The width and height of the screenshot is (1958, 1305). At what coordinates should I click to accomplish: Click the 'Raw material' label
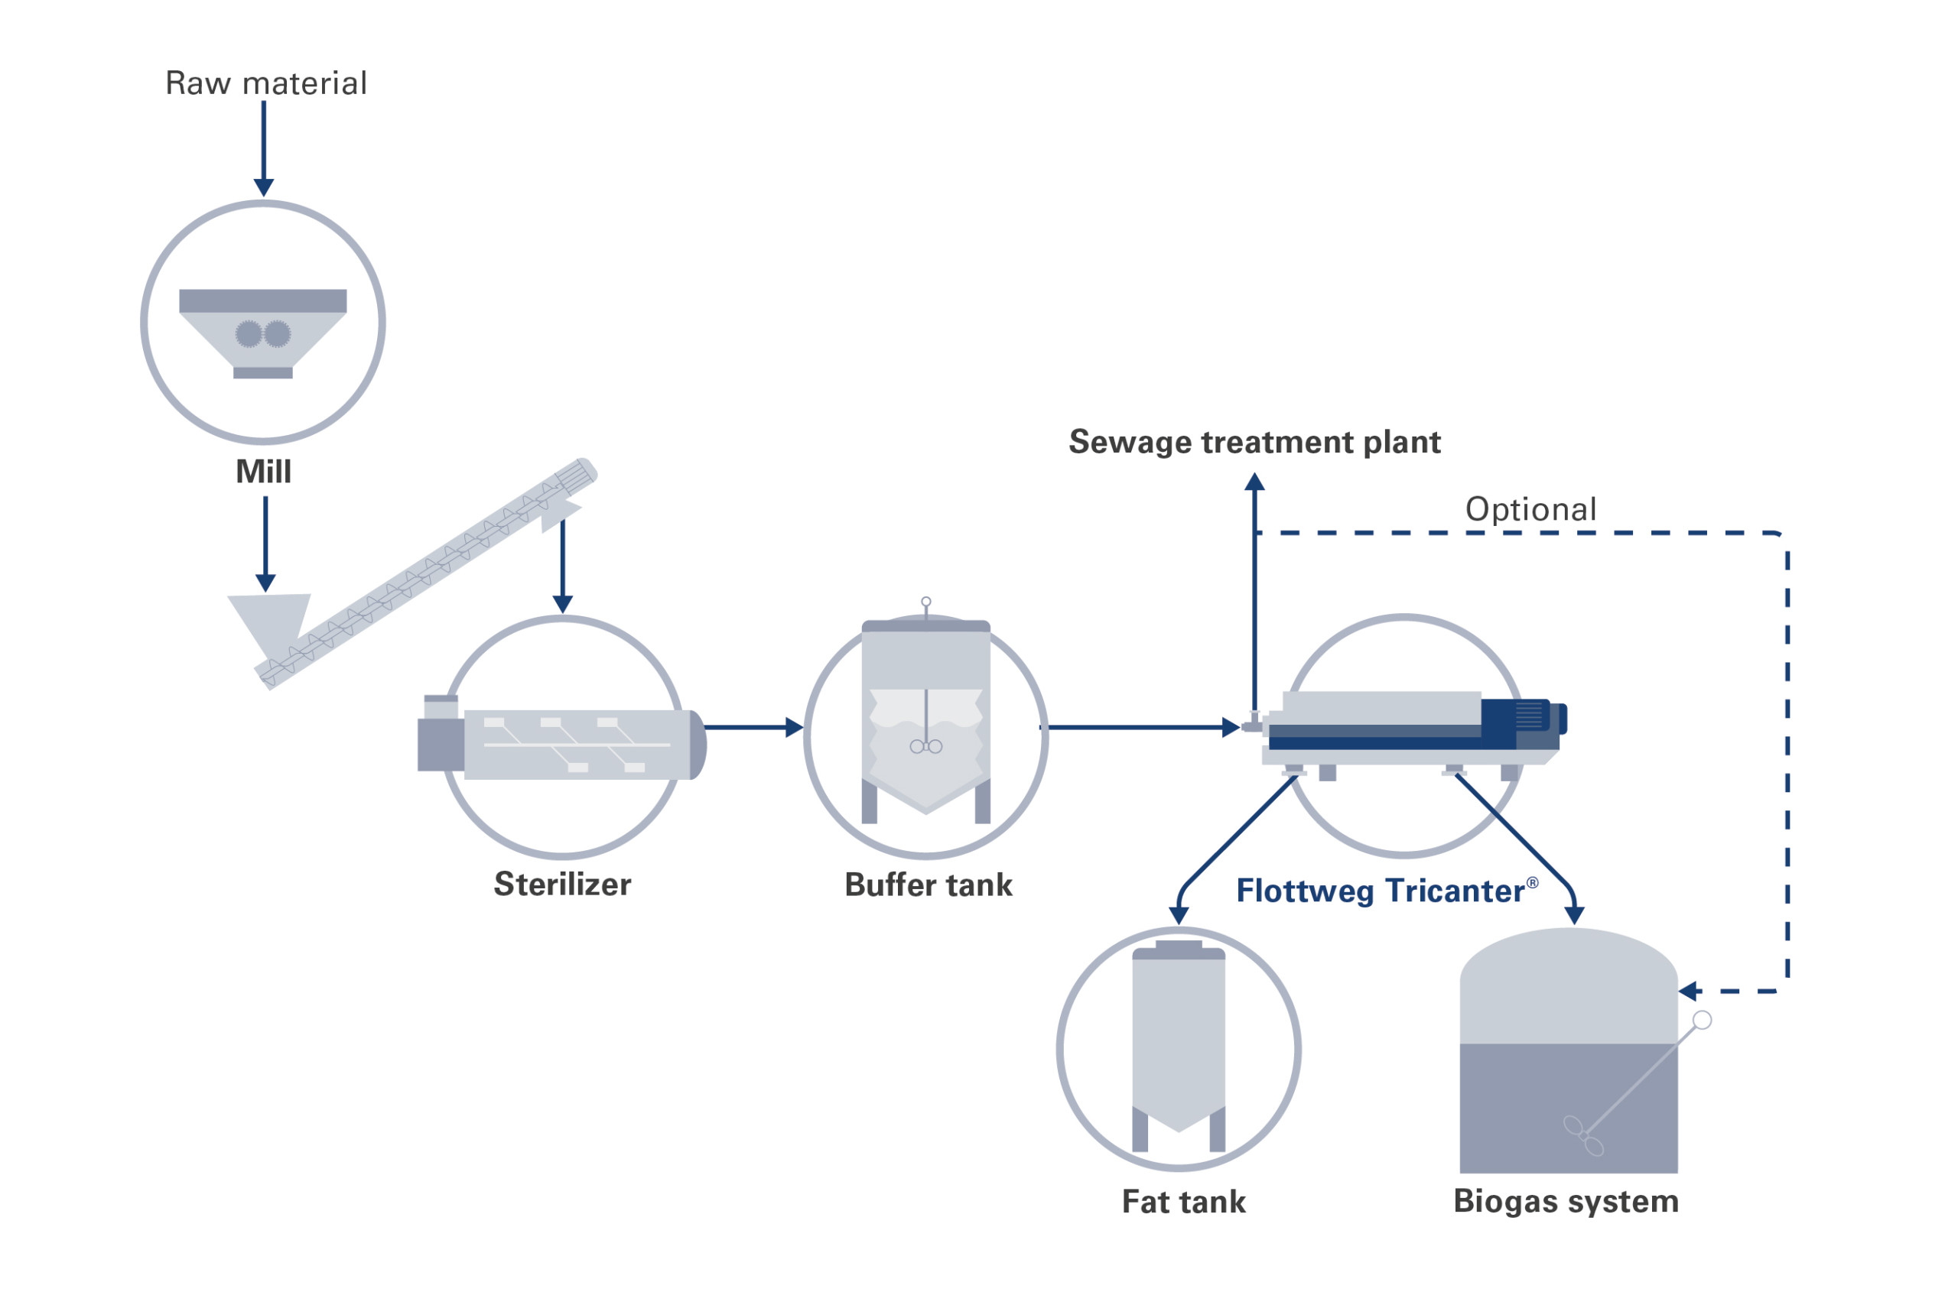click(x=265, y=83)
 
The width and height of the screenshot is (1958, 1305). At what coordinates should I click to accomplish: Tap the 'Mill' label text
click(x=264, y=472)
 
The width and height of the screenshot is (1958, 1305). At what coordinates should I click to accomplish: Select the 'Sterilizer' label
click(x=563, y=884)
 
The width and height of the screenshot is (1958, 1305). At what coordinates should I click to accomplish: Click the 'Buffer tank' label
click(x=929, y=885)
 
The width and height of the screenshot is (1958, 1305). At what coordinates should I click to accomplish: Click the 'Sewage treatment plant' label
click(x=1254, y=442)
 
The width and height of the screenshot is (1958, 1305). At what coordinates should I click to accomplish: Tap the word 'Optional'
click(x=1530, y=509)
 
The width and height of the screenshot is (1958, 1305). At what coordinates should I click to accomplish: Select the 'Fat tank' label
click(x=1184, y=1202)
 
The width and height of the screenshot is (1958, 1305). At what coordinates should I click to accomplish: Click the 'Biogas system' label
click(x=1566, y=1201)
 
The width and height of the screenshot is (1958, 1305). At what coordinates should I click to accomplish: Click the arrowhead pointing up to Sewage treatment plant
click(x=1254, y=482)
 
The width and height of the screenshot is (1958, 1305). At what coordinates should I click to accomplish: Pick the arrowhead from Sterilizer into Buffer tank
click(x=794, y=727)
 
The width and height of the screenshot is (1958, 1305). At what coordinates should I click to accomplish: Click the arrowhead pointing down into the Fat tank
click(x=1179, y=916)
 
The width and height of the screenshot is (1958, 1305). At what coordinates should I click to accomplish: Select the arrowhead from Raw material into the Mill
click(x=264, y=187)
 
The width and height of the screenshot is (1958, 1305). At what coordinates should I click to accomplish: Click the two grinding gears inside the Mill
click(x=263, y=335)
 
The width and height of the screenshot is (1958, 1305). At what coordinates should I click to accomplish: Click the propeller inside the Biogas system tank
click(x=1582, y=1136)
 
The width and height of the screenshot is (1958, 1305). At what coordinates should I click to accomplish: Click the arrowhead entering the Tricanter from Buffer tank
click(x=1231, y=727)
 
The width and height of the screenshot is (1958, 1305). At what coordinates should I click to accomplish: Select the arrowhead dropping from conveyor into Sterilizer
click(x=563, y=603)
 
